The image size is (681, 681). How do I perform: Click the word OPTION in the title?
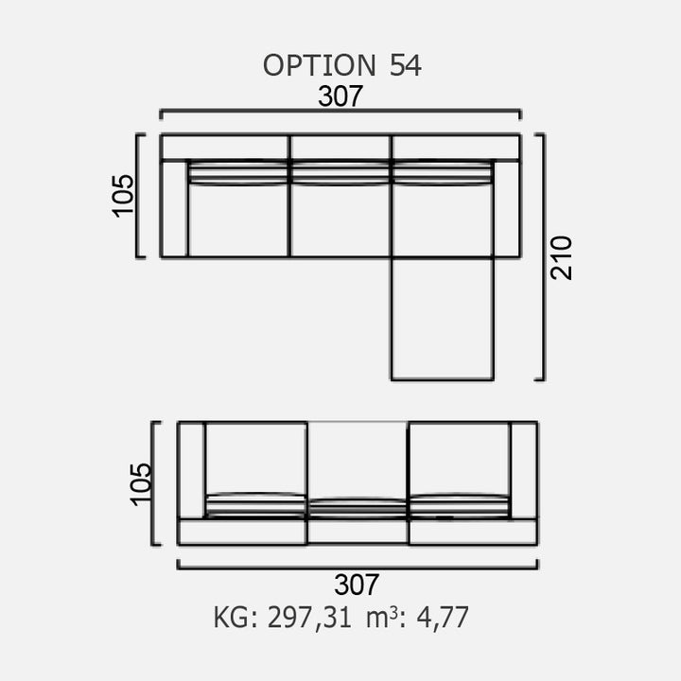pos(320,65)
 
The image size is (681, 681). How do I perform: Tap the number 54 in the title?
pos(405,65)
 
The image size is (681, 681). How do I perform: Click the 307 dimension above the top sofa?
pos(340,96)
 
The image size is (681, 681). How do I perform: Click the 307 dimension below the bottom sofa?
pos(357,585)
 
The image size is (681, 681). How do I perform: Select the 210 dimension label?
pos(561,258)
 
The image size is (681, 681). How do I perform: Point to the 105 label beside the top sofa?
pos(123,196)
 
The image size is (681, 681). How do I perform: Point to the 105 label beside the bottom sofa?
pos(140,484)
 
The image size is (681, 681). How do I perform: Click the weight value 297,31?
pos(309,618)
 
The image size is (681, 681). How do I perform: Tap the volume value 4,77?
pos(443,618)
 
